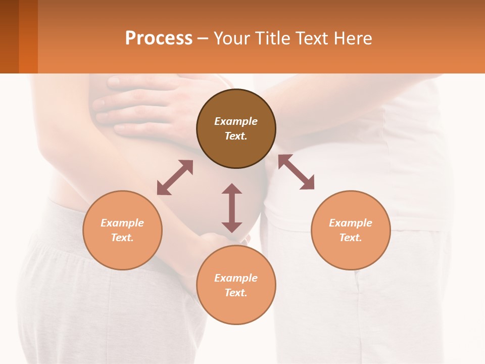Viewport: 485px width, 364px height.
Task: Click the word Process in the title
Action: tap(159, 38)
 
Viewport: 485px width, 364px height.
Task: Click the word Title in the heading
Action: tap(272, 38)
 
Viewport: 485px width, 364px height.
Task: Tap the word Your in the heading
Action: tap(232, 38)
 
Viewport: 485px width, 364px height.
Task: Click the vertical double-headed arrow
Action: tap(232, 208)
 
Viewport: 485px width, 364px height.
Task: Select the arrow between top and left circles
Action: tap(175, 177)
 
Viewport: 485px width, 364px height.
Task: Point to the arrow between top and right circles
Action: tap(296, 172)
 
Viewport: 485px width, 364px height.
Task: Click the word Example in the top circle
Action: tap(236, 121)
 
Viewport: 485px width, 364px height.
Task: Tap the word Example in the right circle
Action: tap(351, 223)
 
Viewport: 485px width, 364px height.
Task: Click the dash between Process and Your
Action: tap(203, 38)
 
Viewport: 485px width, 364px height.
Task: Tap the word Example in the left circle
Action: tap(122, 223)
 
